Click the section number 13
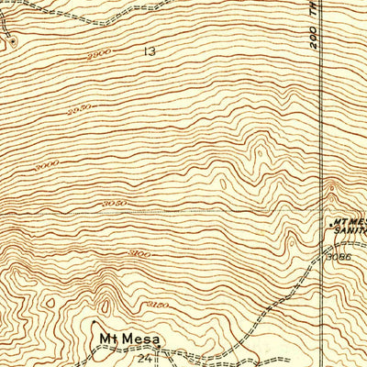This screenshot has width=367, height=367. (x=149, y=52)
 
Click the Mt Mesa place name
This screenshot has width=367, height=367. (x=128, y=340)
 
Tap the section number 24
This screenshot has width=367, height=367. (x=144, y=358)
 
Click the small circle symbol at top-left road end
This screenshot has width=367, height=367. (x=13, y=40)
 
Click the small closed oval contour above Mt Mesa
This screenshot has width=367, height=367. (x=108, y=303)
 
